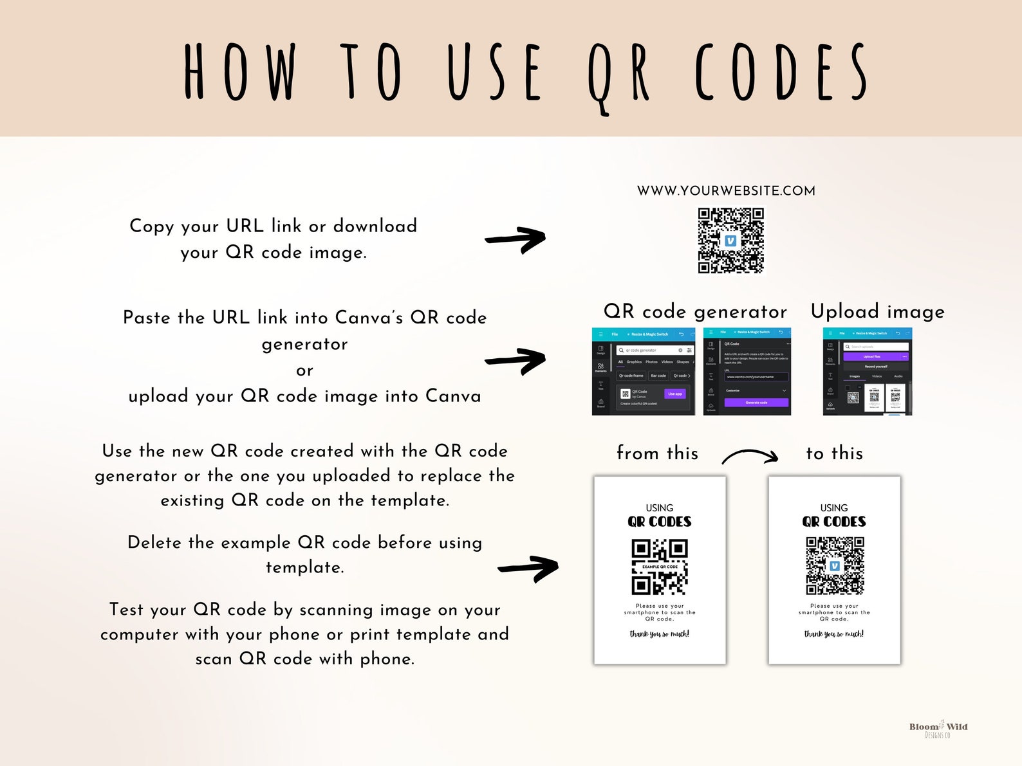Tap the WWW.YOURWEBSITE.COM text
726,191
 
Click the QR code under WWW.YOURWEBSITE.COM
730,240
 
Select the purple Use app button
674,394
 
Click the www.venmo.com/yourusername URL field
756,377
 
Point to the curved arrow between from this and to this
750,455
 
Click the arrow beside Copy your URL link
516,240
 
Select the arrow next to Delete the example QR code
528,569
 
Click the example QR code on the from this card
660,567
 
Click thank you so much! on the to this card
833,634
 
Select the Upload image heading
877,312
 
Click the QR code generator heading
695,312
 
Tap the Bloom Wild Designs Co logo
938,729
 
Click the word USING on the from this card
660,508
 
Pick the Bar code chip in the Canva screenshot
658,376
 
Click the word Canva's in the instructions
369,318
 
